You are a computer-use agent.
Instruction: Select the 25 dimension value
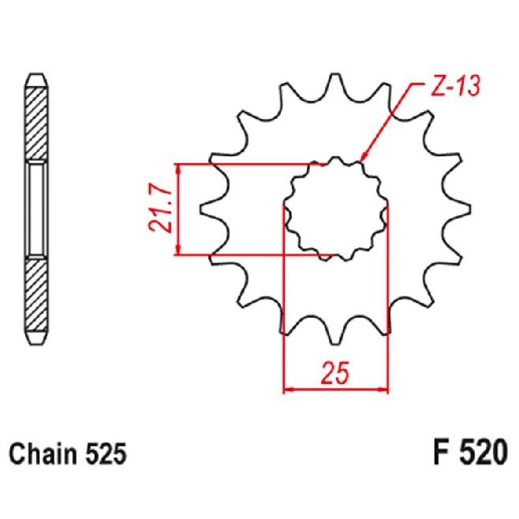click(335, 373)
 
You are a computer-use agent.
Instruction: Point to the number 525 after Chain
click(106, 454)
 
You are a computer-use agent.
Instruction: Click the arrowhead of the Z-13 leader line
click(364, 157)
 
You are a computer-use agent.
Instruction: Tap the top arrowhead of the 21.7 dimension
click(179, 169)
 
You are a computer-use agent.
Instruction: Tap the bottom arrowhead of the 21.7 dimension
click(179, 250)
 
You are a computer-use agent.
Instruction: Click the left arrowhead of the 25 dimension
click(289, 390)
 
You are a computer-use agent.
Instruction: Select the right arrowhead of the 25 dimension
click(383, 390)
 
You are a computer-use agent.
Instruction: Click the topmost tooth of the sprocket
click(335, 83)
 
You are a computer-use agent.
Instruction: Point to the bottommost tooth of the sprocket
click(335, 334)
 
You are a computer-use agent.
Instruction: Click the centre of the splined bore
click(335, 209)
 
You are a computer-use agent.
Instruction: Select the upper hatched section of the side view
click(36, 125)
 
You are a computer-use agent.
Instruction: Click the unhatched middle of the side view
click(36, 210)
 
